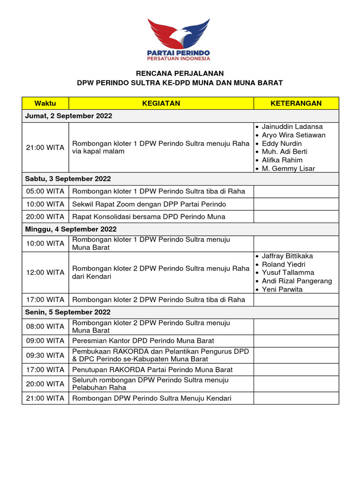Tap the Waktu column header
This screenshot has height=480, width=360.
click(45, 103)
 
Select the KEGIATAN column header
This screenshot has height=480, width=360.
click(161, 103)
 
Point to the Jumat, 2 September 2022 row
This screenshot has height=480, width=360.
click(69, 116)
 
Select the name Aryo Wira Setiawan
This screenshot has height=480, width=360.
click(293, 135)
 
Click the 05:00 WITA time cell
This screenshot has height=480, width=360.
click(45, 191)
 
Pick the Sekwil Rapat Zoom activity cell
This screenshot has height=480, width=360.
click(149, 204)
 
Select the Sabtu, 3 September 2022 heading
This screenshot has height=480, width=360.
click(68, 179)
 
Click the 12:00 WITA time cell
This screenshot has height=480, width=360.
click(45, 272)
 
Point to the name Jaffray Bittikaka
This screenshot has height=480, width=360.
click(287, 256)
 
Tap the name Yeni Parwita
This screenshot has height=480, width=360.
click(282, 289)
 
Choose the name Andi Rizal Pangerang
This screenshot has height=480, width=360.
click(297, 281)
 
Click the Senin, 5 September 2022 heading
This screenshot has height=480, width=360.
click(68, 312)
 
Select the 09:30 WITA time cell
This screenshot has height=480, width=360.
click(45, 355)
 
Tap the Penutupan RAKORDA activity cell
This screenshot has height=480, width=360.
click(152, 369)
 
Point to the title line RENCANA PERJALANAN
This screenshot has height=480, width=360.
click(180, 73)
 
